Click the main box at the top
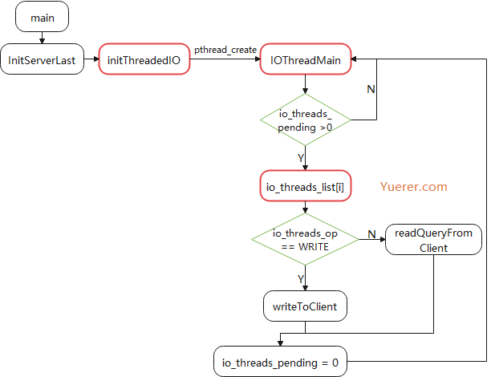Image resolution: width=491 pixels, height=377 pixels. point(42,17)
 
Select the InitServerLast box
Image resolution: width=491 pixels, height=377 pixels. point(42,59)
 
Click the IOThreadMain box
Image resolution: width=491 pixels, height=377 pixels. point(305,59)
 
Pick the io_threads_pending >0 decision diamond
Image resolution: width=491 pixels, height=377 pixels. point(305,121)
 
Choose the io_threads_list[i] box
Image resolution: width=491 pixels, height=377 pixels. point(305,186)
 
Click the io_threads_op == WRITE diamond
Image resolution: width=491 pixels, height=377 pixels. point(305,239)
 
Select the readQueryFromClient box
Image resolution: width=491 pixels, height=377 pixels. point(433,240)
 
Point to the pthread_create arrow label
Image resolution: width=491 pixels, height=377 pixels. point(225,50)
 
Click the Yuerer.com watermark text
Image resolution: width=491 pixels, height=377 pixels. point(413,186)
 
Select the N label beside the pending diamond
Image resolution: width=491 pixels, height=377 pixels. point(370,89)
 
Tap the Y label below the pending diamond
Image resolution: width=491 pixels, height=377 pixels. point(301,158)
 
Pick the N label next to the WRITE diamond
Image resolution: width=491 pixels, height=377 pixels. point(371,233)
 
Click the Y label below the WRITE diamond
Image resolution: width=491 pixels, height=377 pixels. point(301,278)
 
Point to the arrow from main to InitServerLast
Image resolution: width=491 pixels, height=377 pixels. point(42,37)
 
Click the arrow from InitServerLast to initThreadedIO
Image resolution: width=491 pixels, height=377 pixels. point(91,59)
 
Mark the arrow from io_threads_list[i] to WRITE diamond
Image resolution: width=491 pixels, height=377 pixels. point(305,207)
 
